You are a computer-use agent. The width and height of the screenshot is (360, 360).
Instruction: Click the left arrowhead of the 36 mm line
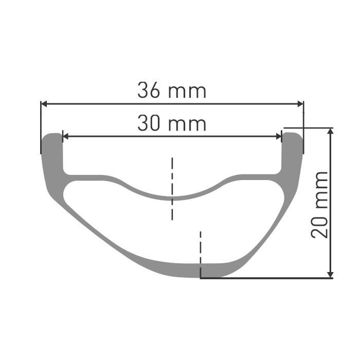44,104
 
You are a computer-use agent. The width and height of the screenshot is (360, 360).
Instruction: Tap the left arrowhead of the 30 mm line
65,136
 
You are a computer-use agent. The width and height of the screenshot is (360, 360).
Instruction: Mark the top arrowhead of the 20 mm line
331,132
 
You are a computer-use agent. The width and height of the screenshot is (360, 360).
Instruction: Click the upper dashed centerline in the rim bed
172,188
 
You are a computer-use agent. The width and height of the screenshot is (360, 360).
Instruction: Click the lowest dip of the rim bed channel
172,197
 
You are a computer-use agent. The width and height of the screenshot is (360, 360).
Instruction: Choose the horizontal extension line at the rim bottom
267,278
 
